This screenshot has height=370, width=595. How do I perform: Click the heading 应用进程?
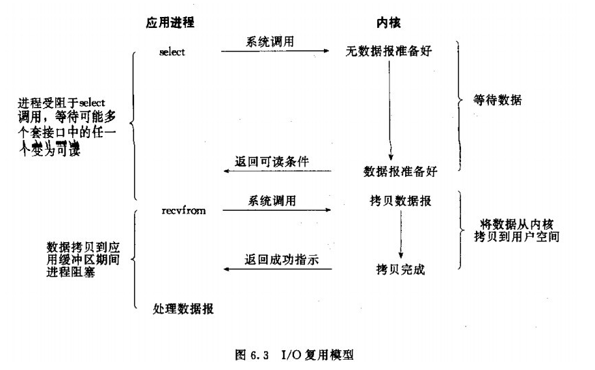[170, 22]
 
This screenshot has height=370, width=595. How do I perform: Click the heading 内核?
[389, 22]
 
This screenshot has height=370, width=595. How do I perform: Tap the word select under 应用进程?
[172, 52]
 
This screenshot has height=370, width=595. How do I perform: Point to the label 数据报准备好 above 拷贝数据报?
[400, 171]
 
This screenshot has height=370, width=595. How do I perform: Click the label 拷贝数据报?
[400, 201]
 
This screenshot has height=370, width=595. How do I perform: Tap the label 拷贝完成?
[400, 269]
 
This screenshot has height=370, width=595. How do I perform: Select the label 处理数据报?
[183, 309]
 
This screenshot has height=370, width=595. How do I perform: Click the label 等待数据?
[498, 100]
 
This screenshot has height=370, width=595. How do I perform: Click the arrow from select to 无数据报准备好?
[276, 51]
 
